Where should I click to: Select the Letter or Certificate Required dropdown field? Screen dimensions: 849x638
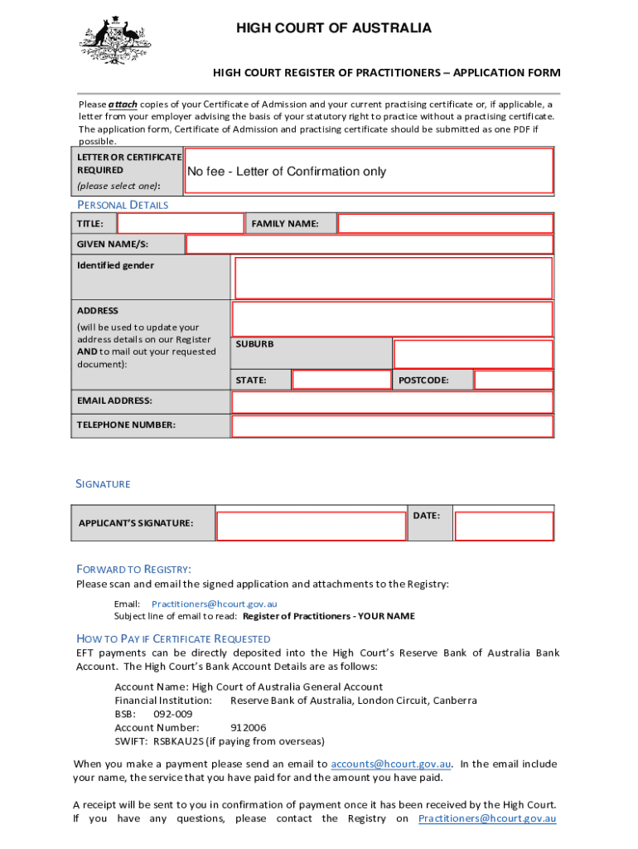(369, 172)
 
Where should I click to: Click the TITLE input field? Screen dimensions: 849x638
(181, 224)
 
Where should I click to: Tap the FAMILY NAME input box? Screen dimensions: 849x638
(445, 224)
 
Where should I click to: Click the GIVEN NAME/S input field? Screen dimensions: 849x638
(370, 244)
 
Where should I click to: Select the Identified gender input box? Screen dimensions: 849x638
(394, 277)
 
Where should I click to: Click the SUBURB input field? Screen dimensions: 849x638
(473, 354)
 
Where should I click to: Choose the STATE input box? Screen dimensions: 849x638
(341, 380)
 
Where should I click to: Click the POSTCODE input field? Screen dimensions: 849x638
(513, 380)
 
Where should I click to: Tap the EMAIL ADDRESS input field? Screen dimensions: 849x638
(392, 402)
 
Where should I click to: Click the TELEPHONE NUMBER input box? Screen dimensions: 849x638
(392, 426)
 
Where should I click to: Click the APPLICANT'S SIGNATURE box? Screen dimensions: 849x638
(312, 526)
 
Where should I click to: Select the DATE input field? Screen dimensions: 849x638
(505, 526)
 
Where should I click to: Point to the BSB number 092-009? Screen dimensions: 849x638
(173, 714)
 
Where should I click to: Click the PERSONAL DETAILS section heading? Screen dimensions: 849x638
(123, 205)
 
